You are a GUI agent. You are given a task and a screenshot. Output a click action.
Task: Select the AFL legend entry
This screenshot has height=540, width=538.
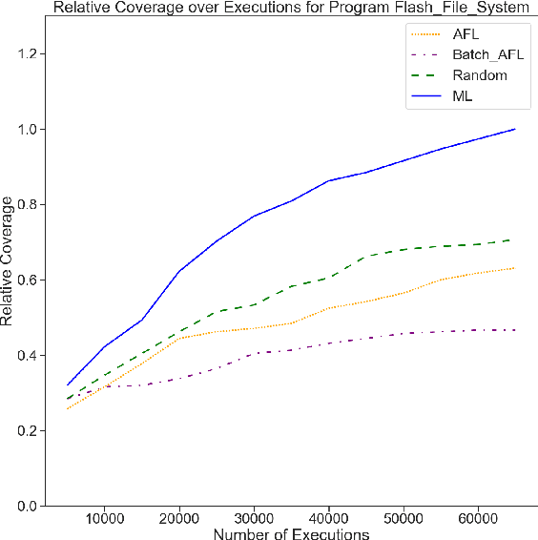pos(465,32)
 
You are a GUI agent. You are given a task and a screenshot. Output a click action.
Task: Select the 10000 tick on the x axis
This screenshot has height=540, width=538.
pos(105,519)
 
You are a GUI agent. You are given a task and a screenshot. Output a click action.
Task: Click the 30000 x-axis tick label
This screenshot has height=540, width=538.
pos(254,519)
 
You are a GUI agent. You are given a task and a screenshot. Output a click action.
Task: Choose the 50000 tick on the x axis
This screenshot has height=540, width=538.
pos(403,519)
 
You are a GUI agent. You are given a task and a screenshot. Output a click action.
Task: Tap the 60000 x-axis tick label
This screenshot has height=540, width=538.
pos(477,519)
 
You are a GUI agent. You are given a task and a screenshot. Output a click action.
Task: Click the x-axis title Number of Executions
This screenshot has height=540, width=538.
pos(291,533)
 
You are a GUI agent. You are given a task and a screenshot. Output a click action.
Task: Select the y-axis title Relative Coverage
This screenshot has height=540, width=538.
pos(9,260)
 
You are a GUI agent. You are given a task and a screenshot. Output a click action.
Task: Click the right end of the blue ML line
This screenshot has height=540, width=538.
pos(515,129)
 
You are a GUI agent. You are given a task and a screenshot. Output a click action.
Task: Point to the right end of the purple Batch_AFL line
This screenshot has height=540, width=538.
pos(515,330)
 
